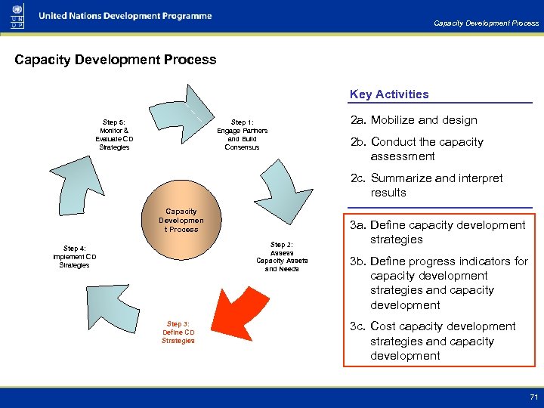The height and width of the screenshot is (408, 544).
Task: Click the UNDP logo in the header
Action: (16, 17)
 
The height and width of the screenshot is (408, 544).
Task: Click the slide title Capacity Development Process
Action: (116, 60)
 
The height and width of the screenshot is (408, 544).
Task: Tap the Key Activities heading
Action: (388, 94)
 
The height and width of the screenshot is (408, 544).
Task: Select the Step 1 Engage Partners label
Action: (242, 134)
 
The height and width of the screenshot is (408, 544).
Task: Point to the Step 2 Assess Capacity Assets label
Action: (282, 257)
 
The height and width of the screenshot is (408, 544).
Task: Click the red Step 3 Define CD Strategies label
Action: (178, 332)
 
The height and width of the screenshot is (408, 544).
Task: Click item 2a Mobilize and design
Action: (413, 120)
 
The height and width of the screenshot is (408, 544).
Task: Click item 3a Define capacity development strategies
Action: (437, 232)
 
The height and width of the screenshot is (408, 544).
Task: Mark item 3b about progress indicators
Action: (437, 283)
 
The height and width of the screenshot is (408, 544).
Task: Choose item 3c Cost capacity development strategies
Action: (432, 341)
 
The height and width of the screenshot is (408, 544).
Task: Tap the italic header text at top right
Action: (486, 23)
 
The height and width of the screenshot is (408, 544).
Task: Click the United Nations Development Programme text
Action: (125, 16)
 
